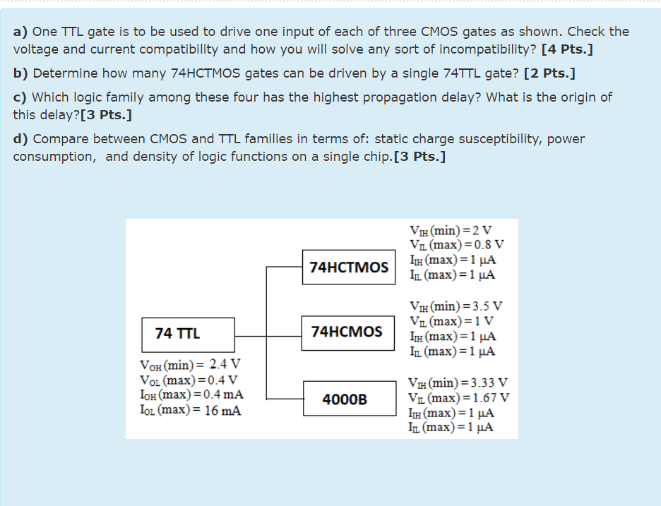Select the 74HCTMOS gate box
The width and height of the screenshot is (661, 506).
pyautogui.click(x=349, y=267)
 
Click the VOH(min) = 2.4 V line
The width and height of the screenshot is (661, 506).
pyautogui.click(x=191, y=366)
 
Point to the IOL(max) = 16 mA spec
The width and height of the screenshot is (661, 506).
pyautogui.click(x=191, y=410)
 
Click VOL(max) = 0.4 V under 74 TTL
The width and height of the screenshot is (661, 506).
pyautogui.click(x=189, y=380)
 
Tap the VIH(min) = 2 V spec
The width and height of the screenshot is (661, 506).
pyautogui.click(x=451, y=230)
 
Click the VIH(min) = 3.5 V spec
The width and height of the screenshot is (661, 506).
pyautogui.click(x=456, y=306)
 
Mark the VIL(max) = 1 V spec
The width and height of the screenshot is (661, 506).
pyautogui.click(x=451, y=321)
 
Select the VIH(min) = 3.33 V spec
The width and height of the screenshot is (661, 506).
pyautogui.click(x=458, y=382)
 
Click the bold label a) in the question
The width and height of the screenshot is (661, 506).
pyautogui.click(x=20, y=32)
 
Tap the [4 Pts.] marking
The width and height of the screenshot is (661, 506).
pyautogui.click(x=566, y=49)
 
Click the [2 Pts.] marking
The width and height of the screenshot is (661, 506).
pyautogui.click(x=550, y=73)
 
